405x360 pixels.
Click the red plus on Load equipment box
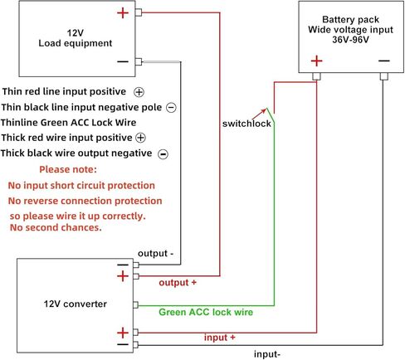123,13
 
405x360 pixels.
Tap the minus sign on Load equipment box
123,61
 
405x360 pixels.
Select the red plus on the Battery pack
316,61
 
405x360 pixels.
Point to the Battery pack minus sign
384,61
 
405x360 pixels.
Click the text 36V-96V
350,40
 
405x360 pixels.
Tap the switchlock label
246,124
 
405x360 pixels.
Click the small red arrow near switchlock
260,114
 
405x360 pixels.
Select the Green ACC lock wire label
206,312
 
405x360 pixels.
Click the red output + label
178,283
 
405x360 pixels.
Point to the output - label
155,254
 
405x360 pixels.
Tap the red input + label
220,338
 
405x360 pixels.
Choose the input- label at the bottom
267,354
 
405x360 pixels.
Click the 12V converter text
76,304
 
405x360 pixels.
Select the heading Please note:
68,169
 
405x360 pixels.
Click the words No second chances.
56,227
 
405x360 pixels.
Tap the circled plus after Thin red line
139,92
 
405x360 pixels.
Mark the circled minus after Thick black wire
163,154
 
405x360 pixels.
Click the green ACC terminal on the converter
135,304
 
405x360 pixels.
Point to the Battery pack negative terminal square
383,76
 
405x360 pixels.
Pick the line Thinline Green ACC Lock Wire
68,123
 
